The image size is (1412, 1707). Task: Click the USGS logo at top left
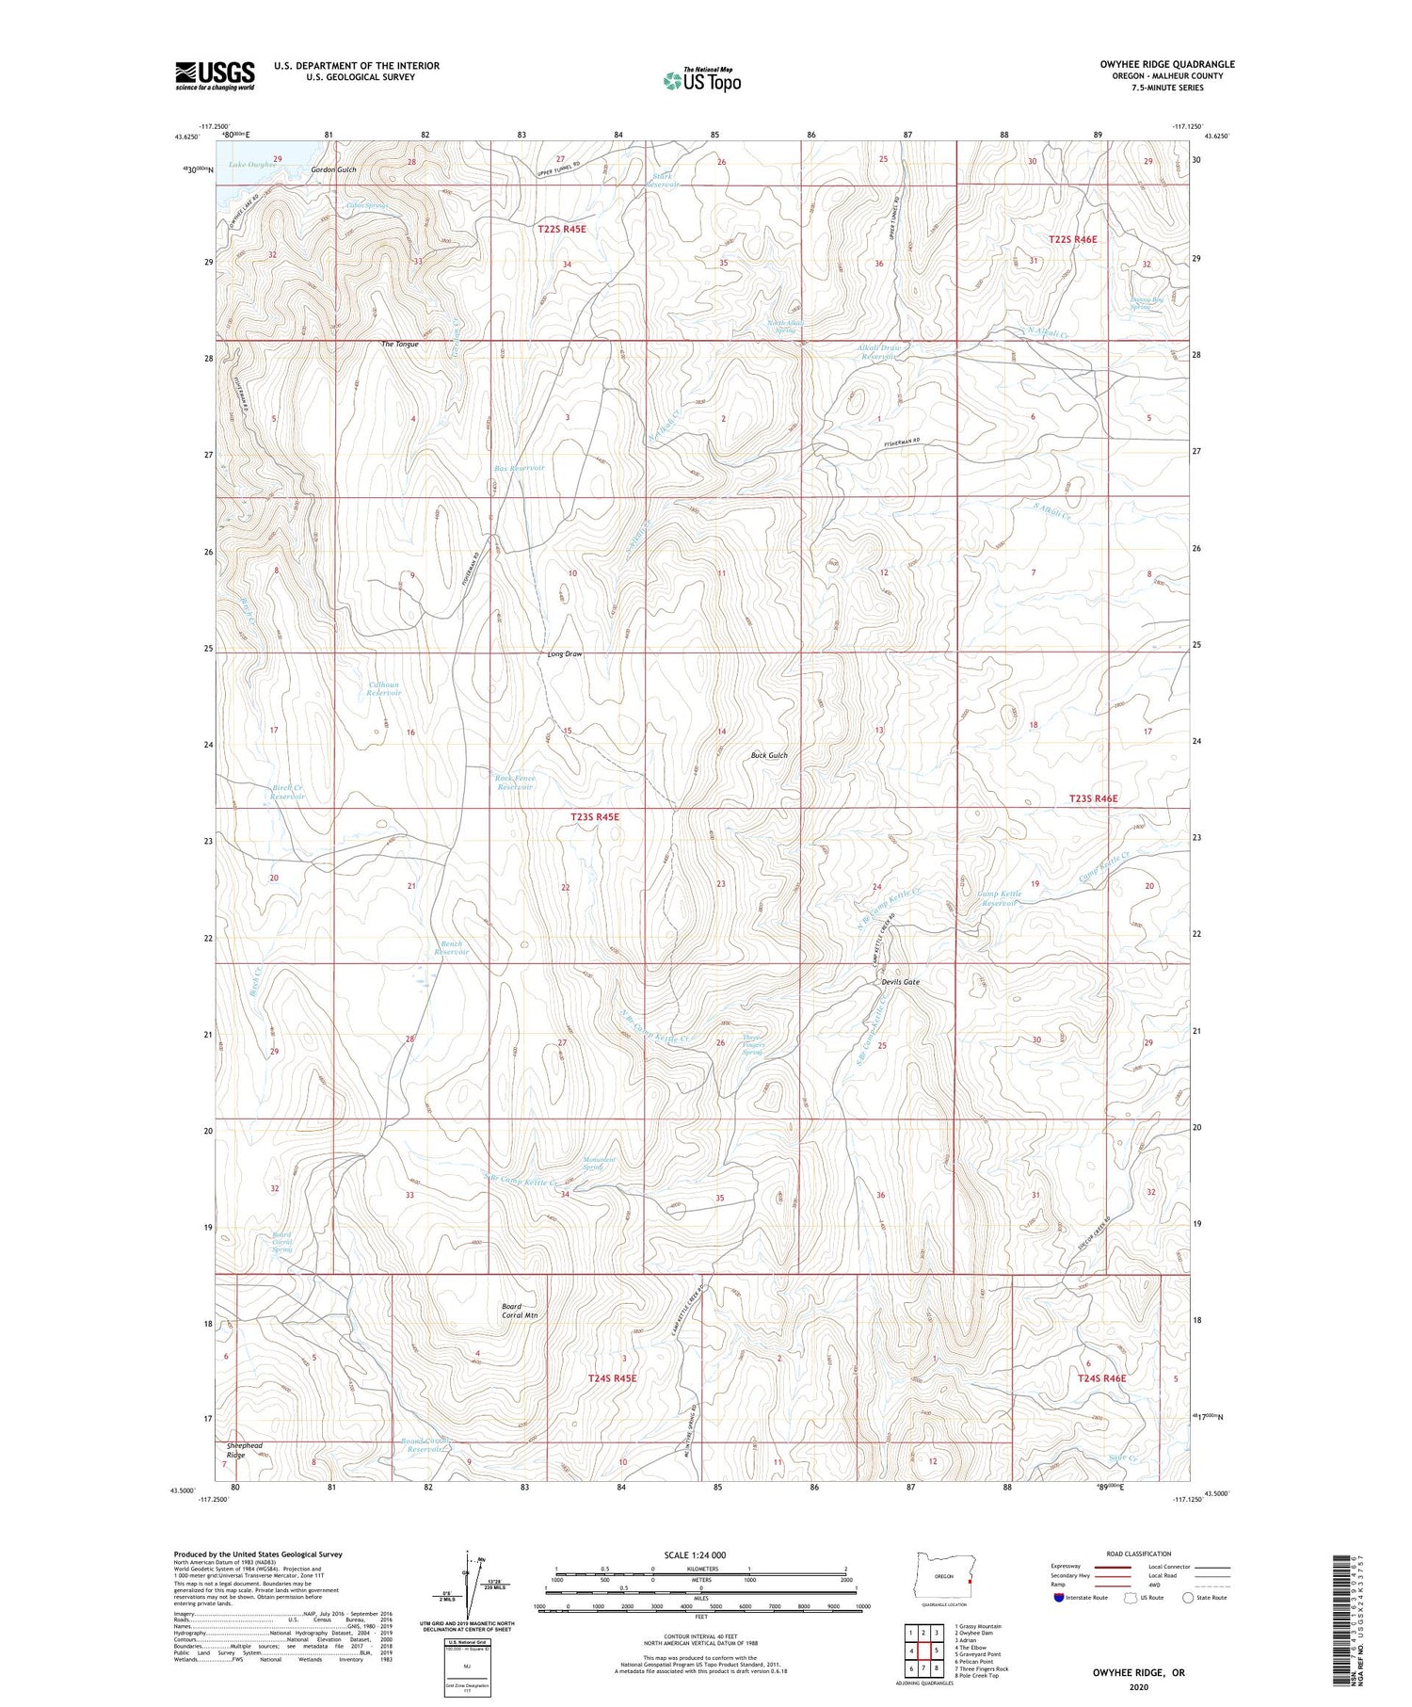point(215,75)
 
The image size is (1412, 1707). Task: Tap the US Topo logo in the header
point(701,81)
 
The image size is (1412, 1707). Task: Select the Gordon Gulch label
point(334,170)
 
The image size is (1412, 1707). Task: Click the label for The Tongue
point(399,345)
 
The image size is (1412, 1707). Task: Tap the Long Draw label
point(565,653)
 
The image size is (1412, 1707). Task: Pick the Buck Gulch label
point(769,755)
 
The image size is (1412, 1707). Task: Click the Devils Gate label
point(900,982)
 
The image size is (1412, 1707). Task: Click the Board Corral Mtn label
point(519,1311)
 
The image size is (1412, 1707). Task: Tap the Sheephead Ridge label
point(244,1450)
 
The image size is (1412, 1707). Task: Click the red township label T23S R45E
point(595,817)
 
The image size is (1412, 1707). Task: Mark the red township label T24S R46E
point(1102,1378)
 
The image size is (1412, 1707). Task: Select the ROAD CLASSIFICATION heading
point(1139,1554)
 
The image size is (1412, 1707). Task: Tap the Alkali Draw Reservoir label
point(878,353)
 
